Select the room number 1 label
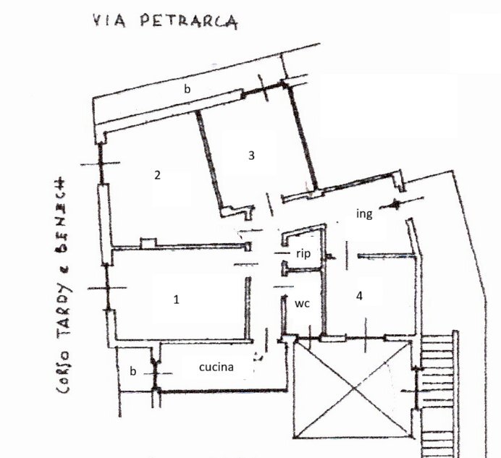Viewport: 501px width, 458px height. click(x=176, y=299)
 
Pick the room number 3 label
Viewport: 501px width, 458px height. click(x=251, y=155)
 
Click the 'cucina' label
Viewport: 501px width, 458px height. click(x=216, y=367)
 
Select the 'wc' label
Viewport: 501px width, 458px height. click(x=303, y=304)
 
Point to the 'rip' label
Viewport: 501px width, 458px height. click(x=303, y=253)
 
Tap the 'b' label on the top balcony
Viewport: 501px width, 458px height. click(x=187, y=90)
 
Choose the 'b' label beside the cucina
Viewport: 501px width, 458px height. click(x=132, y=370)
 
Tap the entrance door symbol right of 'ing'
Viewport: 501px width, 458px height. click(x=397, y=203)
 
